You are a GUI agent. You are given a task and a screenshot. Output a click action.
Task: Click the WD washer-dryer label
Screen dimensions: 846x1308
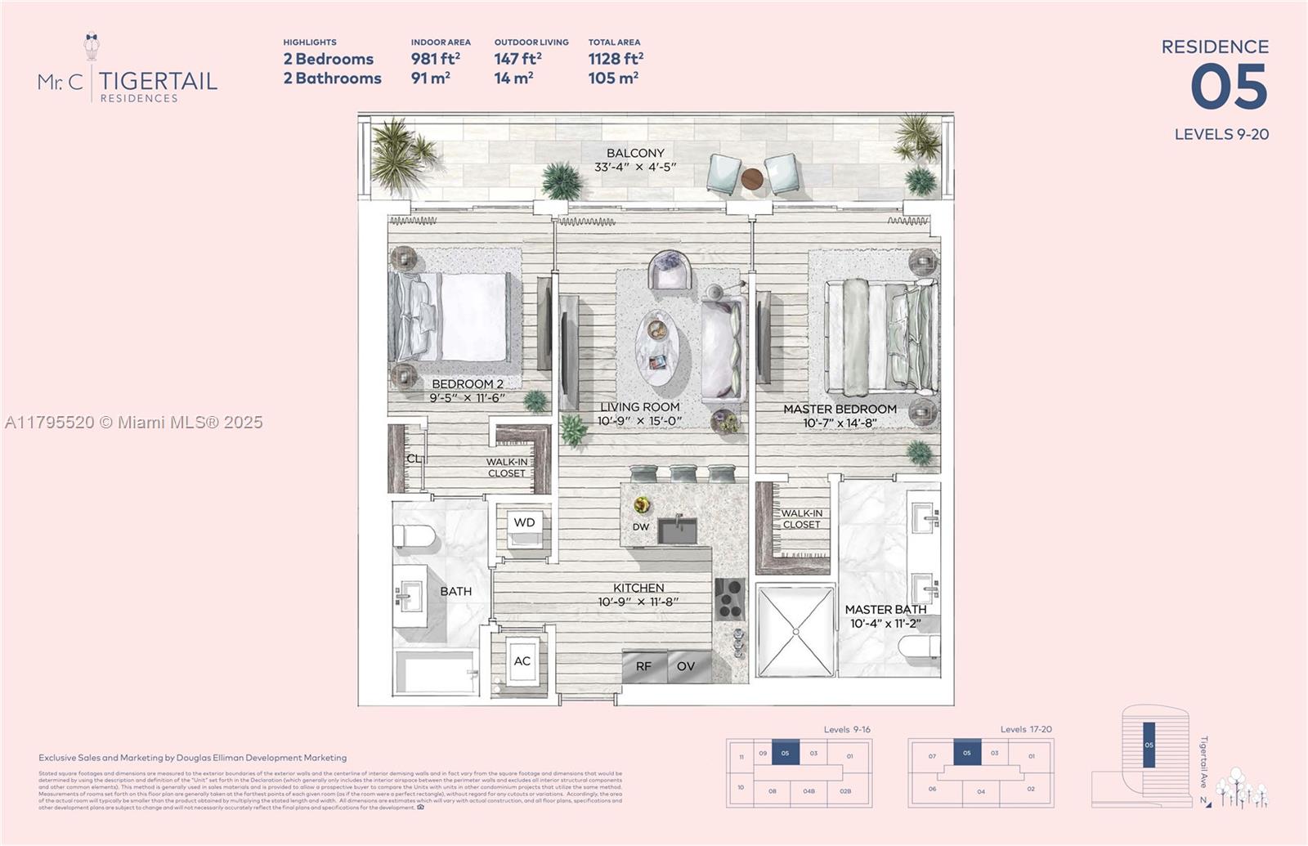coord(524,523)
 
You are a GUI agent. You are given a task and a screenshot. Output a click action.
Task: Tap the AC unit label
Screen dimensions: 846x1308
coord(522,661)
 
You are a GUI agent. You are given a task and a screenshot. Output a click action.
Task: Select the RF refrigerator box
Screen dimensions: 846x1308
coord(644,666)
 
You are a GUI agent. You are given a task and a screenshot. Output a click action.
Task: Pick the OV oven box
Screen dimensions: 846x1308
coord(686,666)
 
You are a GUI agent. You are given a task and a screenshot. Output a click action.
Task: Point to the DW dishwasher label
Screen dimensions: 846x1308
coord(641,527)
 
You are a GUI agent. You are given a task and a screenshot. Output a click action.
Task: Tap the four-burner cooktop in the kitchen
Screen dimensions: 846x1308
coord(730,599)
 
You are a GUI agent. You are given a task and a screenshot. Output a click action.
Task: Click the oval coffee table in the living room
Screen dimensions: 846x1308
coord(658,349)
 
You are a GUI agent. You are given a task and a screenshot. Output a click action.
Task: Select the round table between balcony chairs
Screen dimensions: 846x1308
coord(752,178)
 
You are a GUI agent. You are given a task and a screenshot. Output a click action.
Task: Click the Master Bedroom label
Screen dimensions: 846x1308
coord(840,410)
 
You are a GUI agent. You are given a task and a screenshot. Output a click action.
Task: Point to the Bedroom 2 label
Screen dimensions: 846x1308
coord(468,384)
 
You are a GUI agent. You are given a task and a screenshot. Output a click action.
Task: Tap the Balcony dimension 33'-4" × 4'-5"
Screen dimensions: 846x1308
coord(635,168)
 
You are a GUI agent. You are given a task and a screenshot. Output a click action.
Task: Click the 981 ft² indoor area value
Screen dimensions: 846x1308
coord(435,59)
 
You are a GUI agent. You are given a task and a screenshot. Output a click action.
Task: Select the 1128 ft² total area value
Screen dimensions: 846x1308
coord(616,59)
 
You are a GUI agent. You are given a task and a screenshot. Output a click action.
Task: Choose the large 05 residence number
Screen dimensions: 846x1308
coord(1229,88)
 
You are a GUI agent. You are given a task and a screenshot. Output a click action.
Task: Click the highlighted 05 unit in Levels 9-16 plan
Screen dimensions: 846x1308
coord(786,753)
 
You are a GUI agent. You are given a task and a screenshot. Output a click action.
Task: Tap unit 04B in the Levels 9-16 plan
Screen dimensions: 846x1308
coord(809,790)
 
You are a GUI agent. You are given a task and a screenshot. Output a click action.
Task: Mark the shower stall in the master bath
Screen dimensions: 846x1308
coord(795,631)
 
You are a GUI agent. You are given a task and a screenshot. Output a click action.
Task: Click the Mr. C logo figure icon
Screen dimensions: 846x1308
coord(92,47)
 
